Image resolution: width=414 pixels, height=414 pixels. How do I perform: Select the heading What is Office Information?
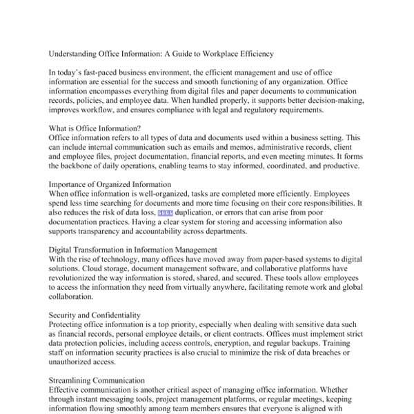pos(95,128)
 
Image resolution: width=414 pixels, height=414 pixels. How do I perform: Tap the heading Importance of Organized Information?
pos(110,185)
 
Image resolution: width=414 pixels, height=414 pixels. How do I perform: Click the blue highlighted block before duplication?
pos(169,214)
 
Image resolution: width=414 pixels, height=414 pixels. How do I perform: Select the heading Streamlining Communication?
pos(97,380)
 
